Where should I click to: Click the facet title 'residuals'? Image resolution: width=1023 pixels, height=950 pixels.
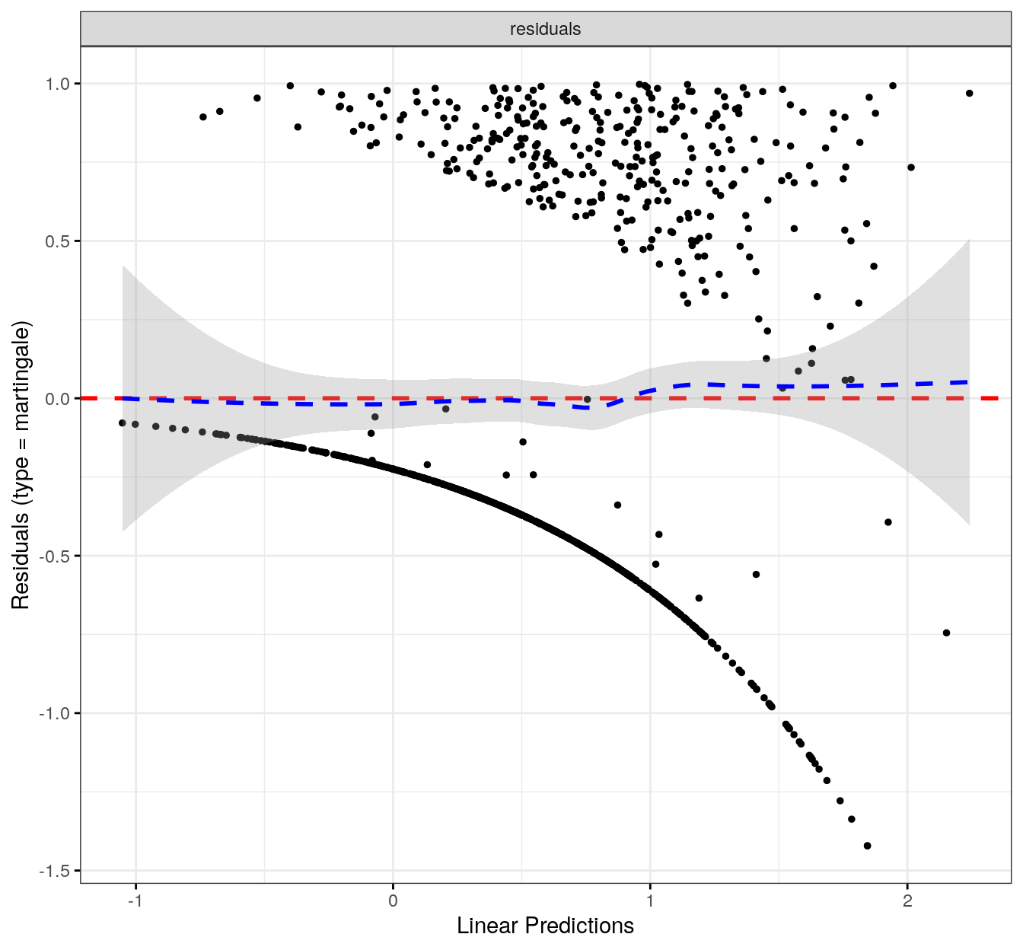[x=545, y=29]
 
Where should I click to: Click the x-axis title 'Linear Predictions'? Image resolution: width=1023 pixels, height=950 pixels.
[x=545, y=926]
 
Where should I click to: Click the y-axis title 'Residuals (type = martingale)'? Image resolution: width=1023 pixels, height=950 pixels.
[x=21, y=465]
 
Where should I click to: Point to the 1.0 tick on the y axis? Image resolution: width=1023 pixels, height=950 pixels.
[x=58, y=84]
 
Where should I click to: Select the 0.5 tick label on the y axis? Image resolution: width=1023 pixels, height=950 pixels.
[x=58, y=241]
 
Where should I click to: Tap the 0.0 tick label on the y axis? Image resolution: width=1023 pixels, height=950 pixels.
[x=58, y=399]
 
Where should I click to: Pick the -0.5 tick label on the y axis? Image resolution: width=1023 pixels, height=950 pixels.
[x=56, y=556]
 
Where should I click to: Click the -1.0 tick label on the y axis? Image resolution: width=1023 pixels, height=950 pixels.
[x=56, y=714]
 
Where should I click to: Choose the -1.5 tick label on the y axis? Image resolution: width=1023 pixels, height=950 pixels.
[x=56, y=872]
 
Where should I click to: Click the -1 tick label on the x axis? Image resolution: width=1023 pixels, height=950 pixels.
[x=135, y=901]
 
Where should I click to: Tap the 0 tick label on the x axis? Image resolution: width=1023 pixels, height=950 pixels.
[x=393, y=901]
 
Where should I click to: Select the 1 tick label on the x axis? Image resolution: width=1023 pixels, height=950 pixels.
[x=650, y=901]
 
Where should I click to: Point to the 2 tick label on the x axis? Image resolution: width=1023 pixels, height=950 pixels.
[x=907, y=901]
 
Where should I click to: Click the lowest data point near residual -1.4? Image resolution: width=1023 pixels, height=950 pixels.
[x=867, y=846]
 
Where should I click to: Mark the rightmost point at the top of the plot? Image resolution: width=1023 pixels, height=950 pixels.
[x=969, y=94]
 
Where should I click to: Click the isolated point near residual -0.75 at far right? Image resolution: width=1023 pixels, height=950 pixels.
[x=946, y=633]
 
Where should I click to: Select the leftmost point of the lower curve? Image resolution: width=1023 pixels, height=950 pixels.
[x=122, y=422]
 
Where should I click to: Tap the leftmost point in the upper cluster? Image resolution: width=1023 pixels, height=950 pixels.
[x=203, y=117]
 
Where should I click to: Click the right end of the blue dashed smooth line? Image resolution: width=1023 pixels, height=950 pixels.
[x=967, y=382]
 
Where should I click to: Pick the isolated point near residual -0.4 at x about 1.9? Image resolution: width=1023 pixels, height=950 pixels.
[x=888, y=522]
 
